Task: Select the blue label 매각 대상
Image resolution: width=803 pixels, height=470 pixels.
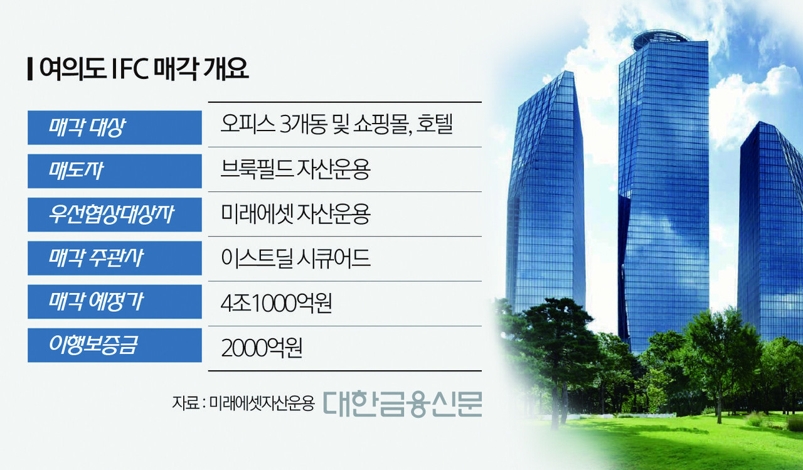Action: click(x=115, y=127)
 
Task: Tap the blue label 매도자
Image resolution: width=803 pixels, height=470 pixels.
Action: click(x=115, y=171)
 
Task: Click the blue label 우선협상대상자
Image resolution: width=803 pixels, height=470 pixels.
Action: click(x=115, y=215)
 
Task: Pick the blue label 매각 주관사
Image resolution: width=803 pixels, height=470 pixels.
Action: click(x=115, y=258)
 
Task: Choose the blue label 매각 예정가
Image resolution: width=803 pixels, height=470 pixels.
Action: click(x=115, y=302)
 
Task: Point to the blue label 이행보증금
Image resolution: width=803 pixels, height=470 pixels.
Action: click(x=115, y=345)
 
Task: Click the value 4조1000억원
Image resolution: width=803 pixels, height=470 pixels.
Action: click(x=276, y=304)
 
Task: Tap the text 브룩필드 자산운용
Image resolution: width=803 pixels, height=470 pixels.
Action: click(x=295, y=170)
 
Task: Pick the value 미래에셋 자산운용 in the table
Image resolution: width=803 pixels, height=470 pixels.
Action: click(x=295, y=215)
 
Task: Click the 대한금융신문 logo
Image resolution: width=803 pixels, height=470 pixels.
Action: click(x=403, y=403)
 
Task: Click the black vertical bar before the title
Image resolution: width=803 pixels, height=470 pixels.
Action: click(x=30, y=68)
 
